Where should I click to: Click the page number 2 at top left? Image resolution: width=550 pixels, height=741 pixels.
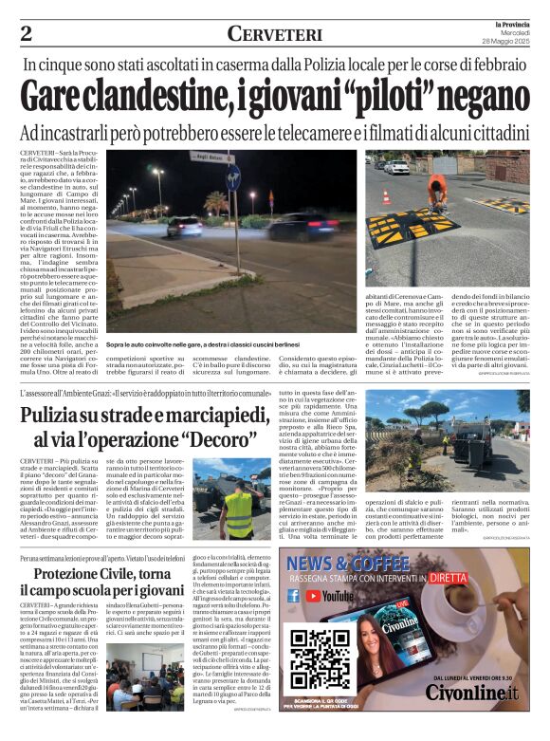(26, 33)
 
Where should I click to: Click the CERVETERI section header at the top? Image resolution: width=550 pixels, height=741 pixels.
(275, 33)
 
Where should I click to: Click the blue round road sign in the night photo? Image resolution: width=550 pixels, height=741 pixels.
(233, 174)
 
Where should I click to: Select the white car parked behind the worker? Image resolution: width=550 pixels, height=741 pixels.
(395, 167)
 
